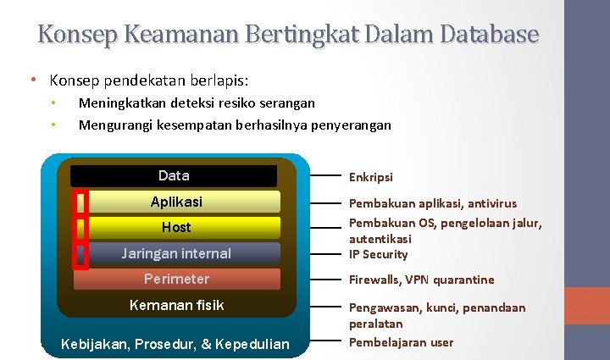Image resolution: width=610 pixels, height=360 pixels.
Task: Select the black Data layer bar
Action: click(x=174, y=176)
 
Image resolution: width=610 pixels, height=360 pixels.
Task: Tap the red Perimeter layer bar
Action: click(x=176, y=279)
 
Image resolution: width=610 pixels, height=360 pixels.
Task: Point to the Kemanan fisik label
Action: click(x=176, y=305)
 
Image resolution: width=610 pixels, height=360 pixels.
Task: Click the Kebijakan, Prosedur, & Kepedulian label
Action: click(x=175, y=343)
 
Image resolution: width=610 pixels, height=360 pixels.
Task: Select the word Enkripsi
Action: click(x=371, y=178)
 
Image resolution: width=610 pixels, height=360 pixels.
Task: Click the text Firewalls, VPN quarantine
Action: click(x=421, y=280)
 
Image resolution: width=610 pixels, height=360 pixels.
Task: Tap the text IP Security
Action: click(x=378, y=254)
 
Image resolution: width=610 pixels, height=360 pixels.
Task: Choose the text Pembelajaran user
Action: click(x=401, y=342)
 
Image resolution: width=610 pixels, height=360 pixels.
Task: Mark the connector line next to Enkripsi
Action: click(x=325, y=176)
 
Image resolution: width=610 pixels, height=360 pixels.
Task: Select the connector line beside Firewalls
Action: click(x=325, y=279)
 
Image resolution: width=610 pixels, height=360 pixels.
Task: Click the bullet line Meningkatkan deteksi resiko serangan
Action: click(x=197, y=102)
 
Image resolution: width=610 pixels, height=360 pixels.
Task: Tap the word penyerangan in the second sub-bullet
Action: click(x=352, y=125)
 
